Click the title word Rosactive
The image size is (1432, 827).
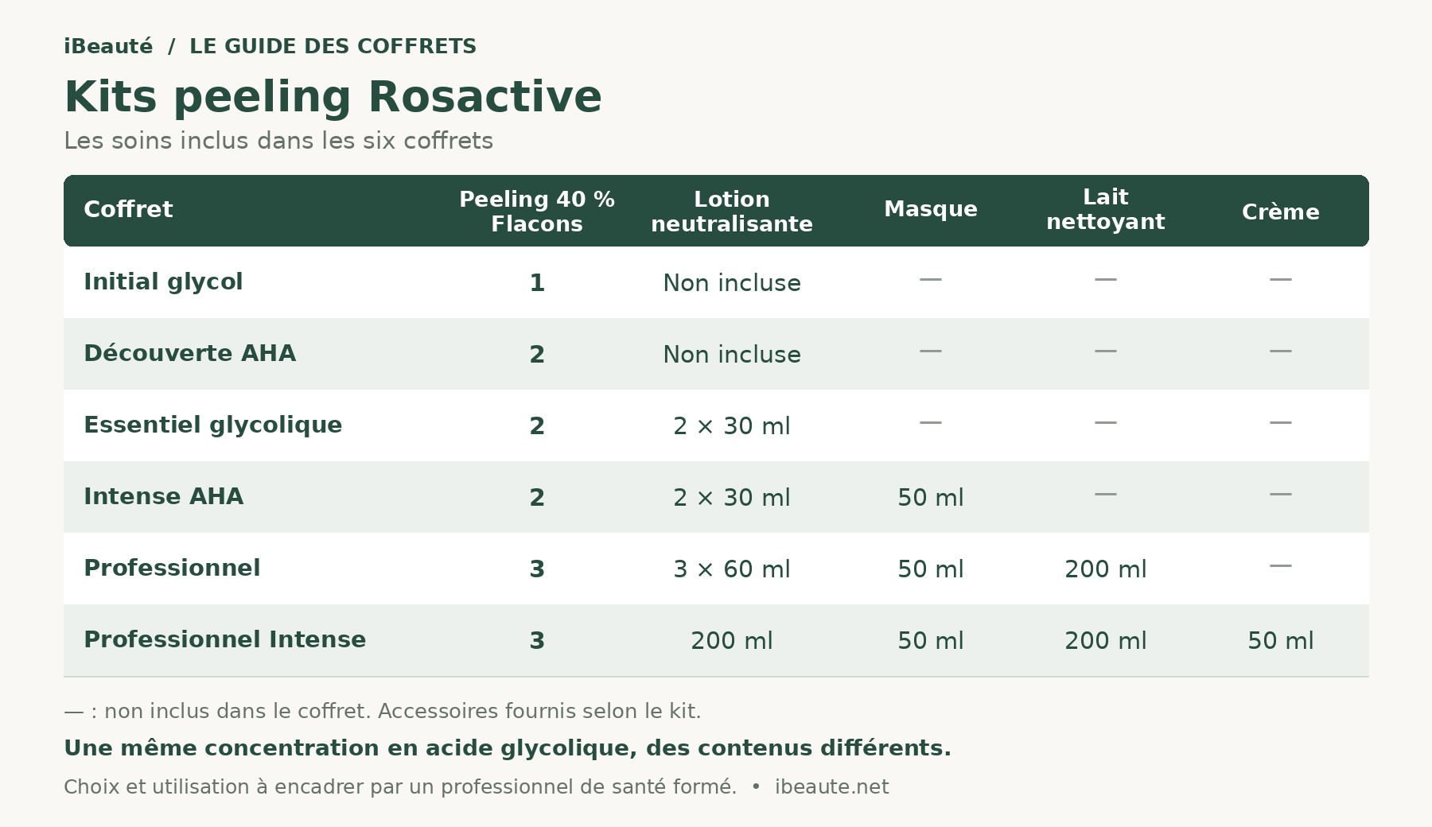coord(484,97)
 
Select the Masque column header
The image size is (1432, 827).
coord(931,209)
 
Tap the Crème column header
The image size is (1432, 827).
coord(1281,212)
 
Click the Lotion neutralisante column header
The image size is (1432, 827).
coord(732,212)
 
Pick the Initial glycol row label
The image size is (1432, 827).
coord(163,281)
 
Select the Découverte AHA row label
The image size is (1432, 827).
coord(189,353)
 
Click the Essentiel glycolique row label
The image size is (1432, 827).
coord(212,425)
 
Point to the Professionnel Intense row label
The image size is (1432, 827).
coord(224,639)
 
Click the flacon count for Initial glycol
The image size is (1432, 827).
coord(537,283)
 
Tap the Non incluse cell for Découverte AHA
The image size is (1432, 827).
coord(732,355)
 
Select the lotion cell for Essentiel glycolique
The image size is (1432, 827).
coord(732,426)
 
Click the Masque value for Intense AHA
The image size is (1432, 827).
coord(931,498)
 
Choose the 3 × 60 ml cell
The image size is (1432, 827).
coord(732,569)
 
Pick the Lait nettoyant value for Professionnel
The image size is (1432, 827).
coord(1106,569)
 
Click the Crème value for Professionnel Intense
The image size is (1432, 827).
coord(1281,641)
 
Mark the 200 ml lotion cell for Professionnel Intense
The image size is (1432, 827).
coord(732,641)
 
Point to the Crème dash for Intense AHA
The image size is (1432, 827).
coord(1281,495)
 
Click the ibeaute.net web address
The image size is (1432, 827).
coord(831,787)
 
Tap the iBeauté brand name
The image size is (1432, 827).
coord(108,46)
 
